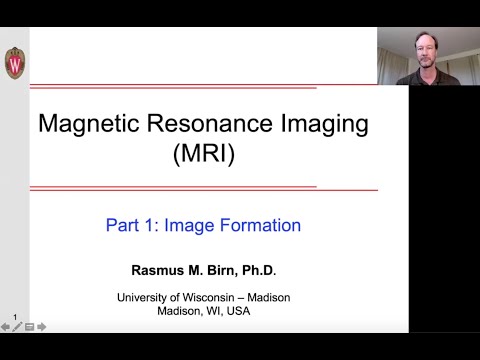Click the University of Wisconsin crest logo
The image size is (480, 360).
click(x=14, y=63)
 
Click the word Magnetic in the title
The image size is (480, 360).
click(x=85, y=125)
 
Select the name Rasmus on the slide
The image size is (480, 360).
click(x=158, y=271)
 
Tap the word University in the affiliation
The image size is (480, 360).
click(x=147, y=297)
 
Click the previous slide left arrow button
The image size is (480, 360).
click(x=5, y=326)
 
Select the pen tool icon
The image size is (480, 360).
click(x=17, y=326)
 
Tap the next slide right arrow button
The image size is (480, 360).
click(x=41, y=326)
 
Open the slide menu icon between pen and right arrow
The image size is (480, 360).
click(x=29, y=326)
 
